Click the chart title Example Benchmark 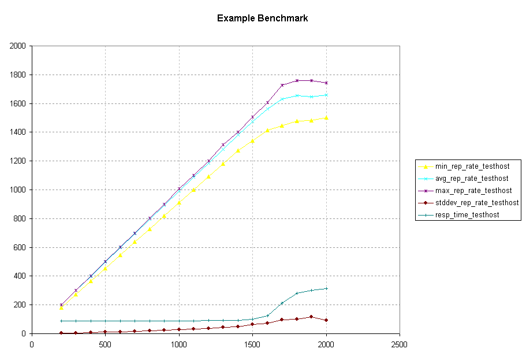(x=262, y=18)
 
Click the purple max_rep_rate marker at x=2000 (x=326, y=83)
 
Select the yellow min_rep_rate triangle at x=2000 (x=326, y=117)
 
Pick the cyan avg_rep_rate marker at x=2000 (x=326, y=95)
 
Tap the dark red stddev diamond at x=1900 (x=311, y=317)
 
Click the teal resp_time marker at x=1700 (x=282, y=303)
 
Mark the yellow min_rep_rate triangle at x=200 (x=61, y=307)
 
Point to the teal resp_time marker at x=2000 (x=326, y=288)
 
